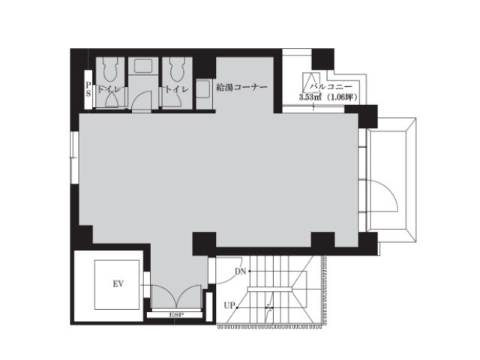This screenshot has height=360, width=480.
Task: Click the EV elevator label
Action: pyautogui.click(x=118, y=284)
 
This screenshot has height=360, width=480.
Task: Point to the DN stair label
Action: pyautogui.click(x=241, y=271)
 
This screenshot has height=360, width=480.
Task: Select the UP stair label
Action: pyautogui.click(x=229, y=305)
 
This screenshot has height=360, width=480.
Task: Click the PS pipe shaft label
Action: pyautogui.click(x=88, y=89)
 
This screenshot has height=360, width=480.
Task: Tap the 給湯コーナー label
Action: pyautogui.click(x=241, y=87)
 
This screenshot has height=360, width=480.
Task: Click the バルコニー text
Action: pyautogui.click(x=331, y=87)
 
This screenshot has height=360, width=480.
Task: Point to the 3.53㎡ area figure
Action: pyautogui.click(x=310, y=97)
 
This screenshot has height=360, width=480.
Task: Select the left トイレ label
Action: pyautogui.click(x=109, y=89)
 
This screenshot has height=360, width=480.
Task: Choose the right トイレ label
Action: pyautogui.click(x=177, y=89)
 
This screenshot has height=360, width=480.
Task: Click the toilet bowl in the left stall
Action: pyautogui.click(x=110, y=70)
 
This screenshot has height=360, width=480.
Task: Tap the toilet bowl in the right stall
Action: pyautogui.click(x=177, y=70)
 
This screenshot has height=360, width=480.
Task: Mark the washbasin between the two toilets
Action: pyautogui.click(x=143, y=66)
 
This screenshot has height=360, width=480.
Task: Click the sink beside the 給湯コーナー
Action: pyautogui.click(x=203, y=88)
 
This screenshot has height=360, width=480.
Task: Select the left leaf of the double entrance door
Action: pyautogui.click(x=164, y=296)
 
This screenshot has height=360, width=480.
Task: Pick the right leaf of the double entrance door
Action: pyautogui.click(x=188, y=296)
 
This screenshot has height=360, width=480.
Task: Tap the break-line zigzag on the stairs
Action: pyautogui.click(x=269, y=307)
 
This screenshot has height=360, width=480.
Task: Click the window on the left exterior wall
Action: pyautogui.click(x=74, y=157)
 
